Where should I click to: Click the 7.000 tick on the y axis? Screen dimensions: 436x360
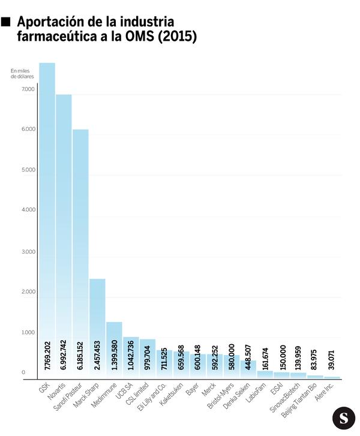tap(28, 89)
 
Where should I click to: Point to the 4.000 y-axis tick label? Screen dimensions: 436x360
tap(28, 211)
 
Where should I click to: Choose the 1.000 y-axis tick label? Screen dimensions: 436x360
tap(28, 332)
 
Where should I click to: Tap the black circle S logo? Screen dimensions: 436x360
tap(343, 417)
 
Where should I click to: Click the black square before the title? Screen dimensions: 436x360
tap(7, 22)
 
